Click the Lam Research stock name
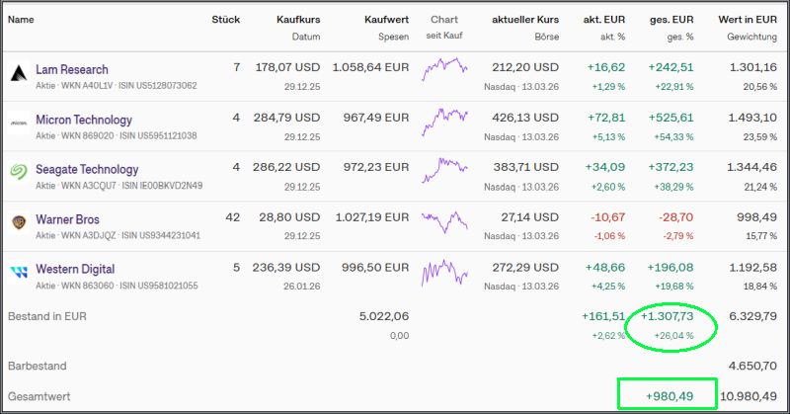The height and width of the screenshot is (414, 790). point(71,70)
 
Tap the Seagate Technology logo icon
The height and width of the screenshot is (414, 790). point(18,170)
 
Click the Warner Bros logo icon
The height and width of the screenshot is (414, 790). point(18,220)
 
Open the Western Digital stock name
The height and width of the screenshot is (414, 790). point(75,269)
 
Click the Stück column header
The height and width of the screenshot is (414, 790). point(226,19)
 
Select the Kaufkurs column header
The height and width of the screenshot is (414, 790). point(297,19)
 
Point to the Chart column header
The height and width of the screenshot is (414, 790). point(444,19)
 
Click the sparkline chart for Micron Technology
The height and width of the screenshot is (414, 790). point(444,121)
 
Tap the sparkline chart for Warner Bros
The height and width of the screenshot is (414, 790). point(444,220)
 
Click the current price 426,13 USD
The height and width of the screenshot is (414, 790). point(525,119)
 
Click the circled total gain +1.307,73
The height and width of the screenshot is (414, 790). point(669,316)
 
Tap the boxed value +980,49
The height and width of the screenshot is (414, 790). point(668,395)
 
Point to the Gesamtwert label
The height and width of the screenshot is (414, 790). point(39,396)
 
